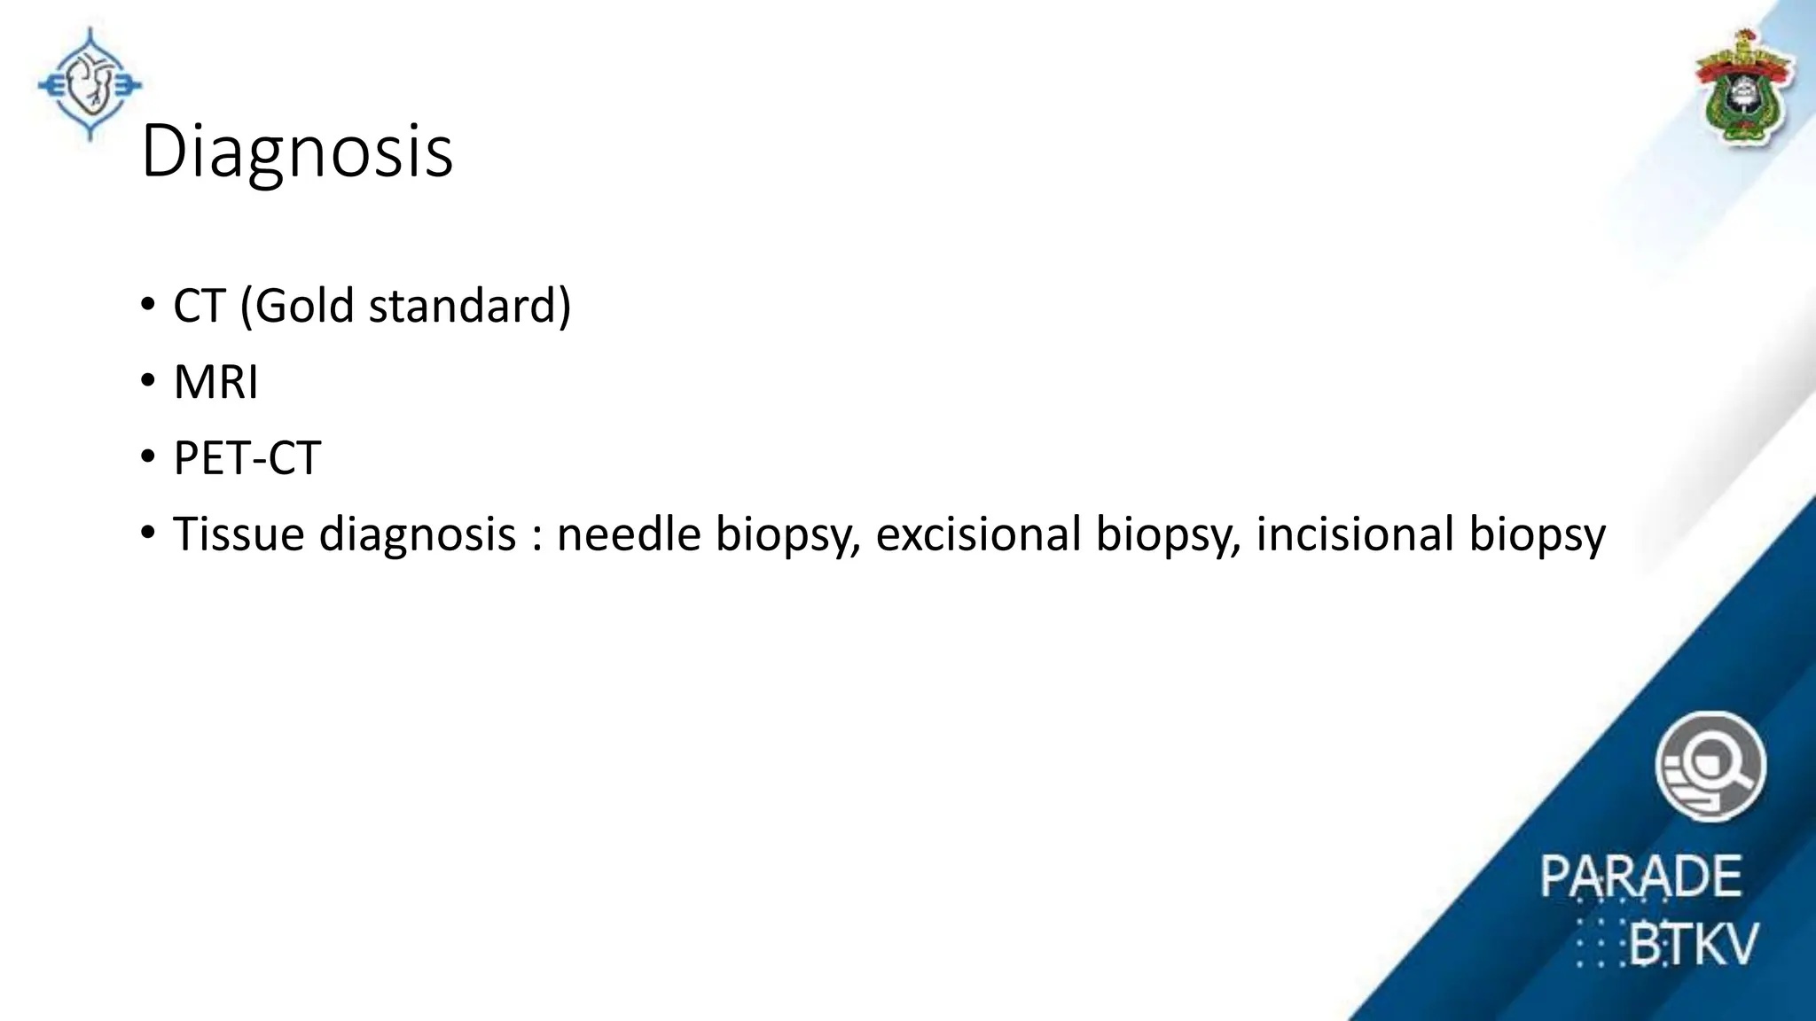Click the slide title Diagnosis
297,152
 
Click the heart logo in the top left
90,85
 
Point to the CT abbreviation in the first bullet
200,306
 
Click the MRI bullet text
215,382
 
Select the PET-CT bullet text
247,458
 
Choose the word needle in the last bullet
629,534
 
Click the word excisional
978,534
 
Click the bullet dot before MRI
147,382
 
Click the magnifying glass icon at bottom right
1710,766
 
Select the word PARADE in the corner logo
1640,877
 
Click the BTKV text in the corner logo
1692,944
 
